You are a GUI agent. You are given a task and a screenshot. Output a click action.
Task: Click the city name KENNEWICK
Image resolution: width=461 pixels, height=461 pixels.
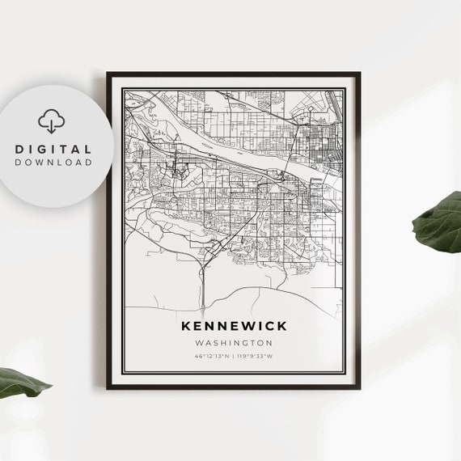pos(234,326)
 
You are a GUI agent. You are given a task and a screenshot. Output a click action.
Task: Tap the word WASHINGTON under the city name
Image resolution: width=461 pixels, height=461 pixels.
pos(234,343)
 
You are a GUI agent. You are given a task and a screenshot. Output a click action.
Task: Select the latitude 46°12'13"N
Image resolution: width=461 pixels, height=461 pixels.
pos(212,356)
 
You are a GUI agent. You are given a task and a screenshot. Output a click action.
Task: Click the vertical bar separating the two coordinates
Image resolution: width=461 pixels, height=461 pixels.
pos(233,356)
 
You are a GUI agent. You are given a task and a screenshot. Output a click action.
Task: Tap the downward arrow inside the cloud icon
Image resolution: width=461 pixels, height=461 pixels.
pos(52,126)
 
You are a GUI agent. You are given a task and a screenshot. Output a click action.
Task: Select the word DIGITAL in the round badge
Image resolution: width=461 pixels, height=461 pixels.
pos(53,150)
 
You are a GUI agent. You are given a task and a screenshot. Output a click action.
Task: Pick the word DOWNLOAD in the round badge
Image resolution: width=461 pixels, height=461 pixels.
pos(53,163)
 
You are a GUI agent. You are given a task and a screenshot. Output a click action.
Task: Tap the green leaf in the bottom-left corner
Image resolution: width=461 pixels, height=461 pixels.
pos(20,383)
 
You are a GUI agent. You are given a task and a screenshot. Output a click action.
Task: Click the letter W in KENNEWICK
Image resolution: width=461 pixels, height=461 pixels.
pos(242,326)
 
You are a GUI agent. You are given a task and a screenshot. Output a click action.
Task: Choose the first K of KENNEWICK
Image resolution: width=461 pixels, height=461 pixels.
pos(188,326)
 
